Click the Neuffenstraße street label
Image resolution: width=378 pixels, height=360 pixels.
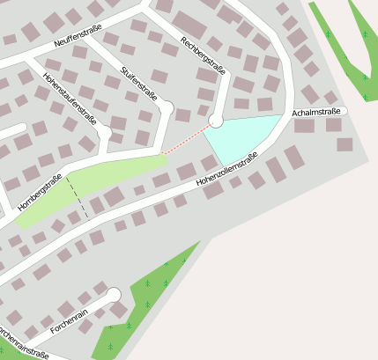click(77, 40)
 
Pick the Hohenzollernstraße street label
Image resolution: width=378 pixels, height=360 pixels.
click(226, 172)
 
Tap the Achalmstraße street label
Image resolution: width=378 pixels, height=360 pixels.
click(316, 112)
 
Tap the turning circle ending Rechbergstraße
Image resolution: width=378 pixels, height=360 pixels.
click(216, 121)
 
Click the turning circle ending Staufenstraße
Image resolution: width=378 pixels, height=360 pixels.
click(166, 107)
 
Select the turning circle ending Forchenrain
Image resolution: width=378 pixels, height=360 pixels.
click(113, 295)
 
